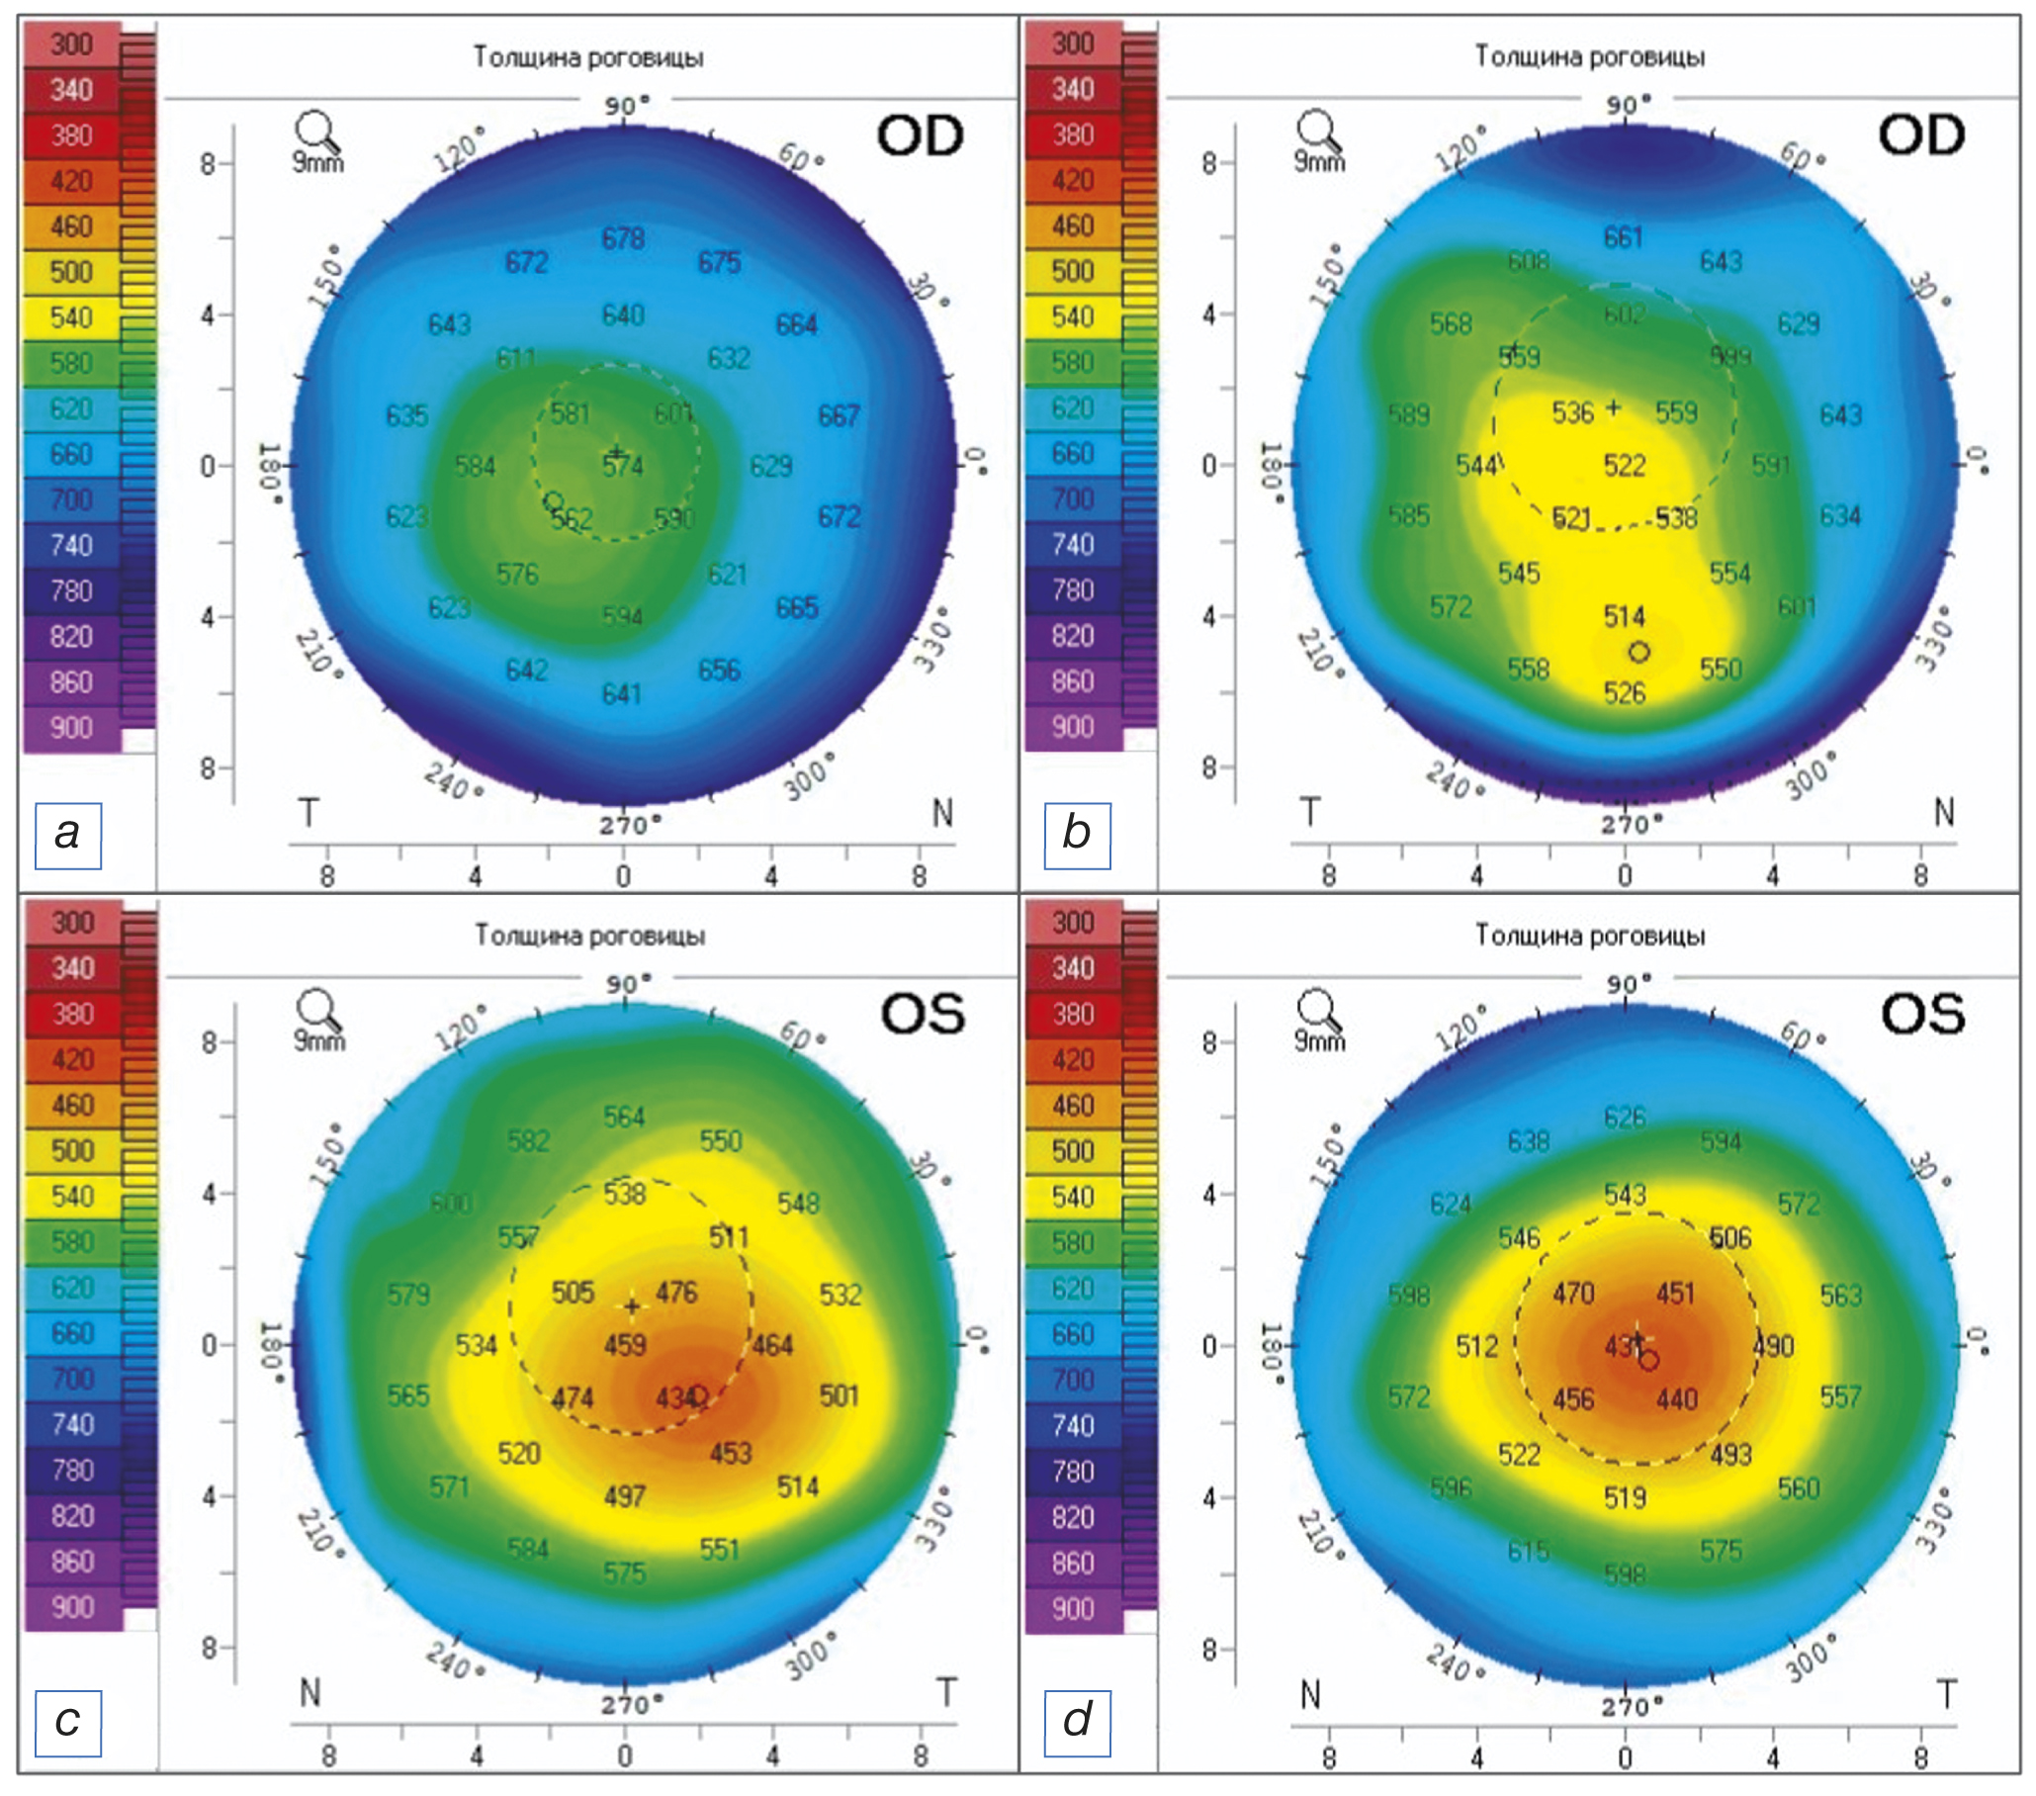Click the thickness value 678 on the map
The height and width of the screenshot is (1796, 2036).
[x=623, y=239]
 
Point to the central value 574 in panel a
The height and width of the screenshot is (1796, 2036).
[x=623, y=466]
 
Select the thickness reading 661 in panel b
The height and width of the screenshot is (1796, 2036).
[x=1623, y=238]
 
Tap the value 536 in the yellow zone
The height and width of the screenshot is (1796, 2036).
[x=1573, y=412]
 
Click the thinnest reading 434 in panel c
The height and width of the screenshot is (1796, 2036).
[x=675, y=1398]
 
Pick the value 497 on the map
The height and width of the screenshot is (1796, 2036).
[x=625, y=1496]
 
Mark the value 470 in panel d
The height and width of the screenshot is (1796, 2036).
[x=1574, y=1294]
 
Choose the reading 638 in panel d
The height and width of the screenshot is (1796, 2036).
[x=1528, y=1141]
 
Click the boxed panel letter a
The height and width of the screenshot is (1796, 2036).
[x=67, y=835]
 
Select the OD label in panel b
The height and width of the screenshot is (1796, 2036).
[x=1921, y=135]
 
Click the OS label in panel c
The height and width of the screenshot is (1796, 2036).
[x=923, y=1014]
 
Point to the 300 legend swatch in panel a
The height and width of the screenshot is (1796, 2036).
[x=72, y=45]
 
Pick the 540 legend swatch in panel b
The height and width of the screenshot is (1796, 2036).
[x=1073, y=317]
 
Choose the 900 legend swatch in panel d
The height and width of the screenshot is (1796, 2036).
[x=1073, y=1609]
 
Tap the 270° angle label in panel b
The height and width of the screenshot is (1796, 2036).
[x=1626, y=825]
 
